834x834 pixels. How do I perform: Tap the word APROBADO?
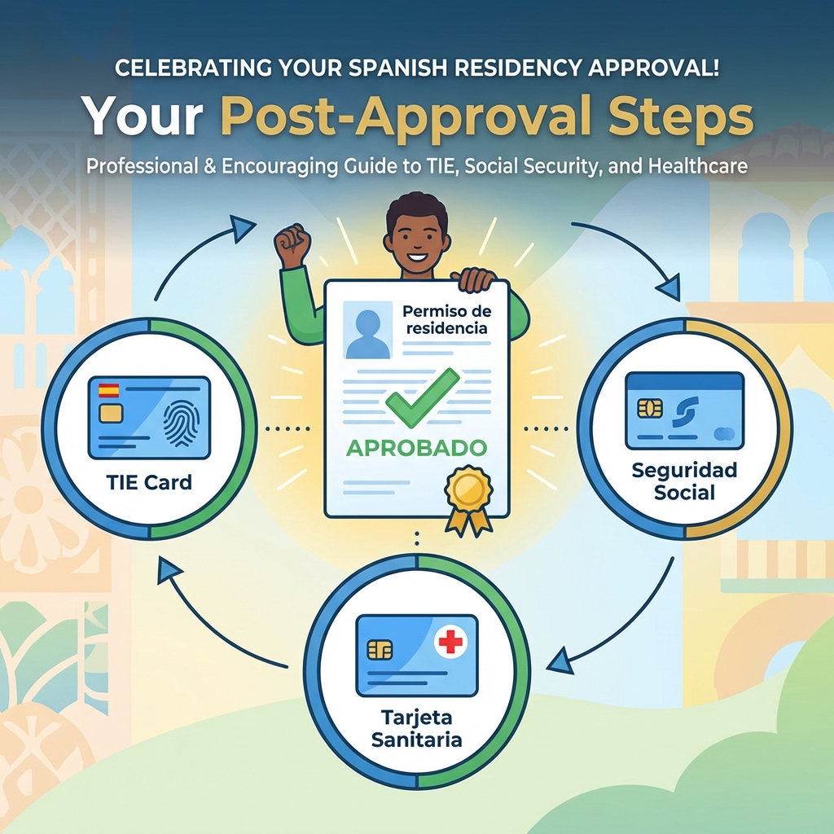tap(417, 447)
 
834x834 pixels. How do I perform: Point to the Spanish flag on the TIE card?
tap(108, 391)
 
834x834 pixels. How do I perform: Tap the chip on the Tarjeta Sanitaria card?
tap(380, 649)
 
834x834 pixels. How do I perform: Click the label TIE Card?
tap(149, 482)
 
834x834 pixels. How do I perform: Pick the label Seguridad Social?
tap(685, 481)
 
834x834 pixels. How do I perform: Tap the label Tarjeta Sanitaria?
tap(416, 729)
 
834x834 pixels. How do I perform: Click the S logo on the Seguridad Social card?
tap(682, 410)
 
